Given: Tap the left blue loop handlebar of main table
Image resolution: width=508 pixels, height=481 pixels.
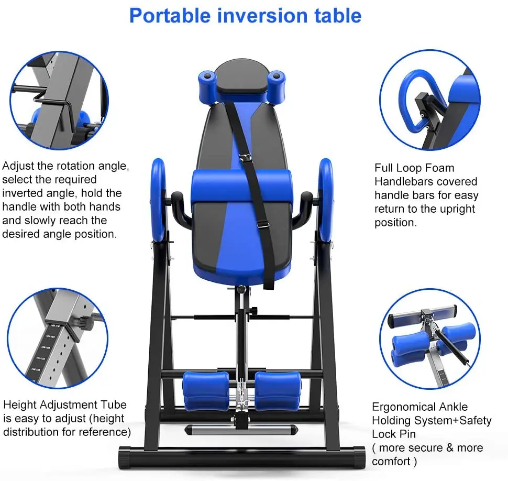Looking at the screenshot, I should tap(158, 200).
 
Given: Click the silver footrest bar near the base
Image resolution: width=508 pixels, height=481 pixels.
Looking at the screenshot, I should tap(241, 430).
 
